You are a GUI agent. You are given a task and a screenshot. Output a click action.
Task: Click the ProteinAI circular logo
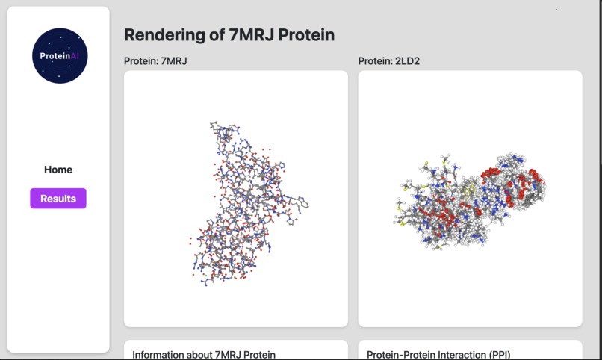60,56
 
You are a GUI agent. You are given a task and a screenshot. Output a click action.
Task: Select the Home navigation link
58,170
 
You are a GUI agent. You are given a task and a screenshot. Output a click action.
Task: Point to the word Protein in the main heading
308,34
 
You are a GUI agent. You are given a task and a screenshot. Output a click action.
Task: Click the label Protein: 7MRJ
155,61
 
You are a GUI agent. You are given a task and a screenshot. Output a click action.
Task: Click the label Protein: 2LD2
388,61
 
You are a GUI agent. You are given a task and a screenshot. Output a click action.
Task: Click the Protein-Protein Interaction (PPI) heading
438,354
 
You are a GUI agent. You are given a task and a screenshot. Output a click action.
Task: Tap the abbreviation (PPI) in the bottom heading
497,354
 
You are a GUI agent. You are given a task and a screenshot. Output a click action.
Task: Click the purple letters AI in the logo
75,56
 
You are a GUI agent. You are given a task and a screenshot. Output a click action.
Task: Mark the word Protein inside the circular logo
55,56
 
